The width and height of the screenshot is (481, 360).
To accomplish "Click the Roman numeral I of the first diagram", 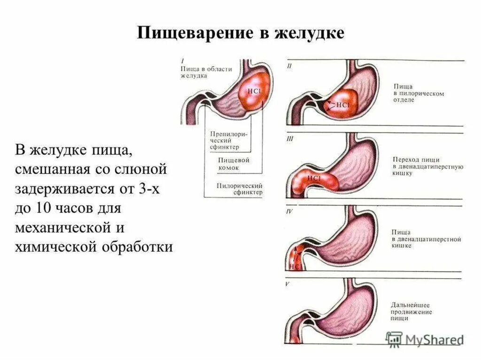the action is tap(182, 61).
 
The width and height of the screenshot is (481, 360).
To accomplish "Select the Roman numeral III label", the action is tap(290, 139).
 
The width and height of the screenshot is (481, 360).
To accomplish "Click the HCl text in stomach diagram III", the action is tap(314, 179).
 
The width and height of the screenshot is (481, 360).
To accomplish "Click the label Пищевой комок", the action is tap(233, 164).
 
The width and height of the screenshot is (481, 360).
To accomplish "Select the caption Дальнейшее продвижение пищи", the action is tap(412, 312).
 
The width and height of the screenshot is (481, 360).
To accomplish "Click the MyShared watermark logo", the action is tap(425, 339).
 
